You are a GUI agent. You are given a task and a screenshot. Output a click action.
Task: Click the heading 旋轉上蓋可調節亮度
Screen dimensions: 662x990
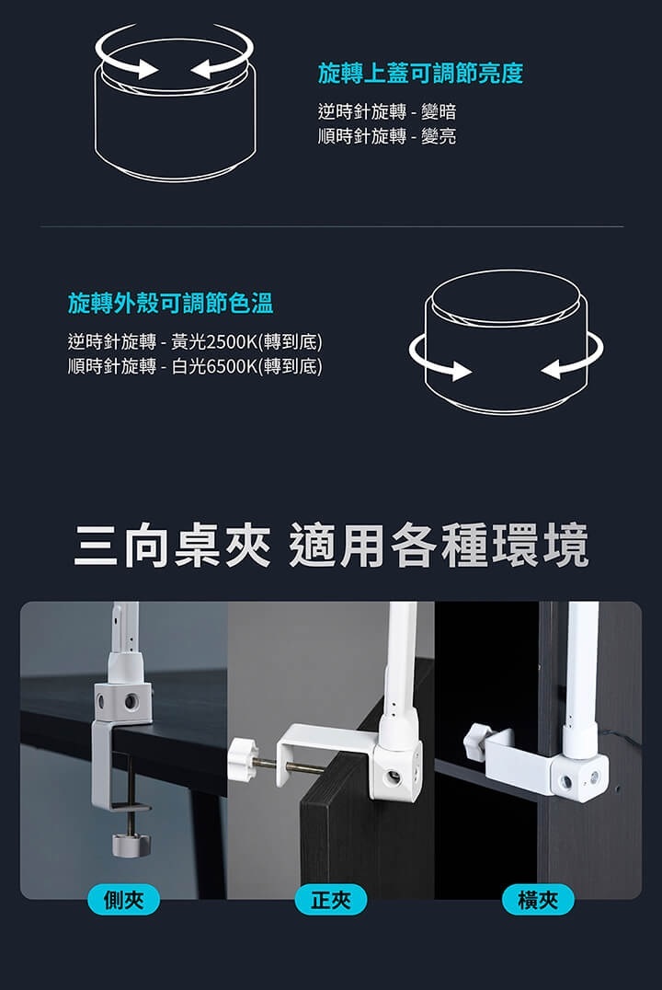pos(420,74)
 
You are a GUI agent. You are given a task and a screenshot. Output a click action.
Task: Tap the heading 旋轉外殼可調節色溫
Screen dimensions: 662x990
pos(170,303)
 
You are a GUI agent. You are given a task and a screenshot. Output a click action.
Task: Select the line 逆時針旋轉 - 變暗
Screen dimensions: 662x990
pos(387,111)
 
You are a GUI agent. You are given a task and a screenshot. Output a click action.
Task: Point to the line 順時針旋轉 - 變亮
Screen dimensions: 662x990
pos(387,136)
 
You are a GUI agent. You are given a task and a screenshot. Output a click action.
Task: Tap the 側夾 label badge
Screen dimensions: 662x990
pos(124,899)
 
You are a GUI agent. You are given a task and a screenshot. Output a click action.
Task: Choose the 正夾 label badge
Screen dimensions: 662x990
pos(331,899)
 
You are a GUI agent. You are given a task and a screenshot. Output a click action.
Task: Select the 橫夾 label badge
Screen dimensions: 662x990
pos(538,899)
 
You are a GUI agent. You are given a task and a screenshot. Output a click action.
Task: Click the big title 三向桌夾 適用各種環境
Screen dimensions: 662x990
pos(331,545)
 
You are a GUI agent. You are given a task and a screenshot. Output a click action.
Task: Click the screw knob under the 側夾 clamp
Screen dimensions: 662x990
pos(131,845)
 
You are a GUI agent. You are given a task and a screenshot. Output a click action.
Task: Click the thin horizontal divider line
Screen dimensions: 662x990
pos(331,226)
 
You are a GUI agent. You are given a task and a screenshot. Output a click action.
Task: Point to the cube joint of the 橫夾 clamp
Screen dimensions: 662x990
pos(579,777)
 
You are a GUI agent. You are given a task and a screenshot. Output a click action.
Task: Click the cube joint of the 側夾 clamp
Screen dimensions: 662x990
pos(123,701)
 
